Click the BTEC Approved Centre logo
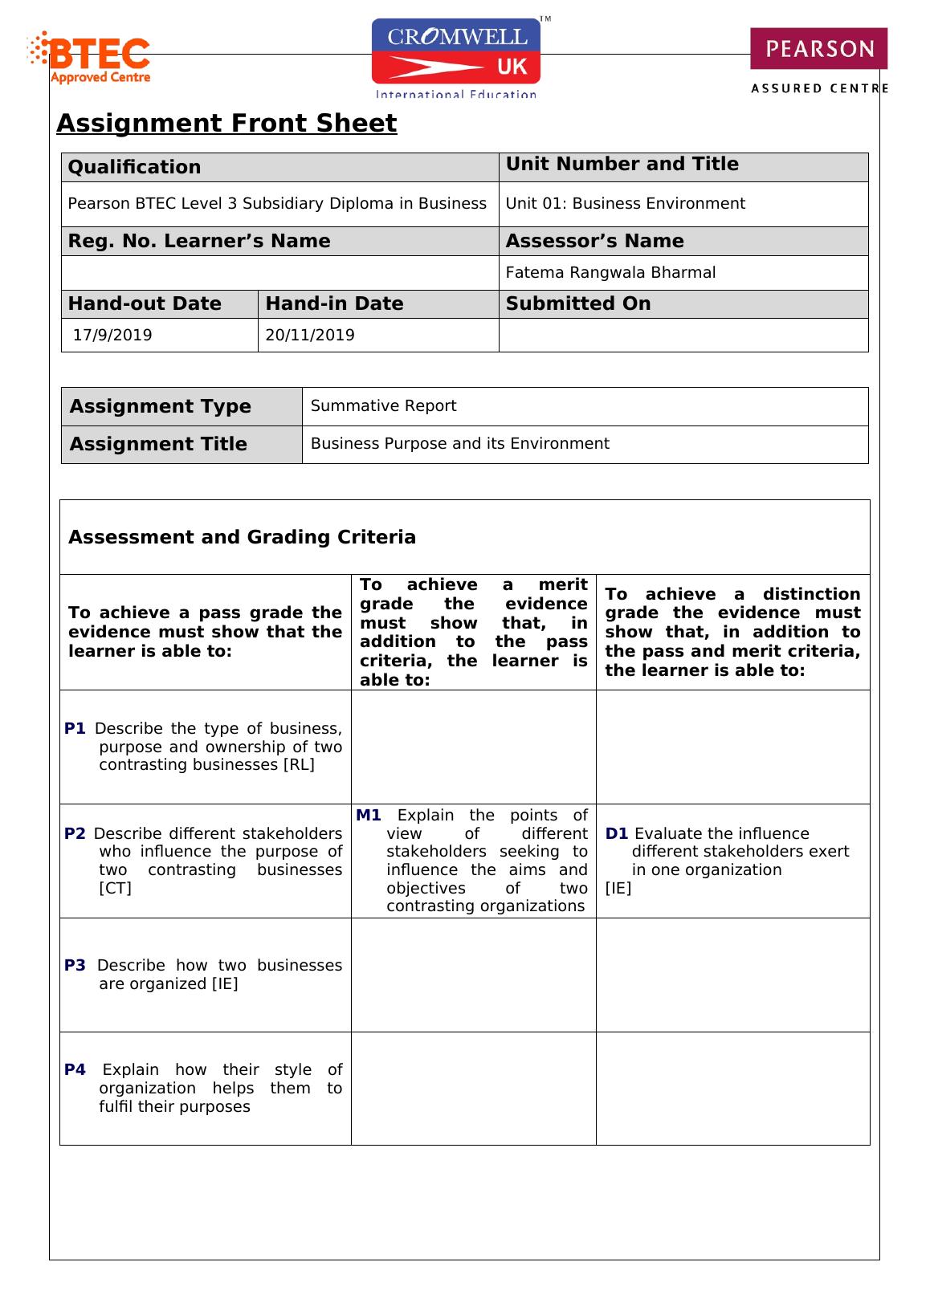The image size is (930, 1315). [x=90, y=59]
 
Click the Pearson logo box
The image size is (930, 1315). [x=818, y=49]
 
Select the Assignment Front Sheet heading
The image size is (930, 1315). [x=226, y=124]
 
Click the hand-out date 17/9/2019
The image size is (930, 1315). [x=112, y=335]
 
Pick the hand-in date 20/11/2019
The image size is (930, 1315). [x=310, y=335]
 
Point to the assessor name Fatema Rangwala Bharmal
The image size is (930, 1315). [x=610, y=272]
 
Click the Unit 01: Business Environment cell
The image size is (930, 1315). [x=625, y=203]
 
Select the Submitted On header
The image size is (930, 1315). [x=578, y=303]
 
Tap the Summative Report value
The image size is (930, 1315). [x=383, y=405]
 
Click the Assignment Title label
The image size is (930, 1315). [x=158, y=444]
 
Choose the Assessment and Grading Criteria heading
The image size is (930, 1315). [x=242, y=537]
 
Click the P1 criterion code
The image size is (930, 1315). [x=75, y=728]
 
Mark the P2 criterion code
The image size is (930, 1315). [x=75, y=833]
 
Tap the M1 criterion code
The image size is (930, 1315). [x=368, y=815]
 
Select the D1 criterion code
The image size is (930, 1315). [x=616, y=833]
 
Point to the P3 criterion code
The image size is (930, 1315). [x=75, y=965]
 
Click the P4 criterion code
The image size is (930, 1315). [x=75, y=1069]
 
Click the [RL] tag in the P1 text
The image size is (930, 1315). [x=299, y=764]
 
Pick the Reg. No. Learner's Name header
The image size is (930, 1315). [x=199, y=241]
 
